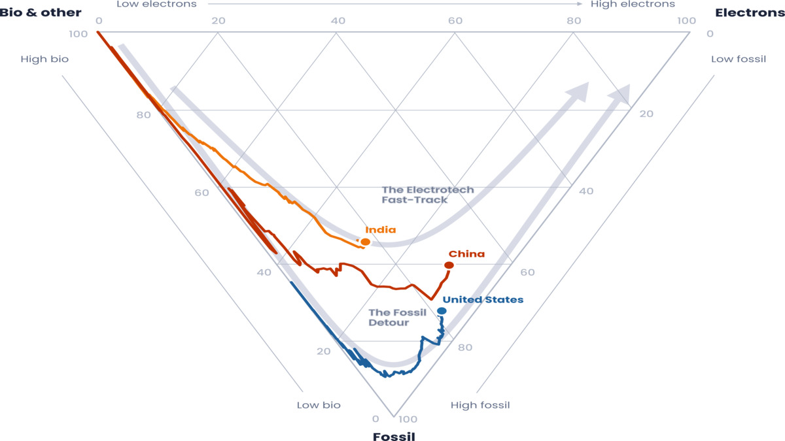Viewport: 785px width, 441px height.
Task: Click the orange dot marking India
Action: point(366,242)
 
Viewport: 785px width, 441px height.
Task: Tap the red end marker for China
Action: point(449,265)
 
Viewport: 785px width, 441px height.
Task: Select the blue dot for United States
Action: point(442,310)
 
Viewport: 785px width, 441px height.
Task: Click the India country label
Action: point(380,229)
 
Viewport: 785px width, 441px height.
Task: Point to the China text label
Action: point(466,254)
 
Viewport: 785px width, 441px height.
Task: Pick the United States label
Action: point(483,300)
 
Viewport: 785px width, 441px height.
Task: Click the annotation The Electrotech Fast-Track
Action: point(428,195)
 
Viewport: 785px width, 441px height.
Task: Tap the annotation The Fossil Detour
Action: point(397,318)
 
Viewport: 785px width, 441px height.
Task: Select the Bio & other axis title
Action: point(41,12)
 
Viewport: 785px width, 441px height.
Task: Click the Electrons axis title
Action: point(750,12)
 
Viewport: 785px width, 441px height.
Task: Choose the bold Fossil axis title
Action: point(394,436)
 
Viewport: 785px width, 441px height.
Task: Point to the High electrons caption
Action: point(633,4)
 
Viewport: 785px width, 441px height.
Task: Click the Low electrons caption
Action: point(156,4)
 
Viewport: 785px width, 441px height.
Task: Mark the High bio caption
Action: point(44,59)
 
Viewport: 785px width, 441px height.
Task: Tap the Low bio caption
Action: point(319,405)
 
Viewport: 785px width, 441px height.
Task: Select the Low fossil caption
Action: point(738,59)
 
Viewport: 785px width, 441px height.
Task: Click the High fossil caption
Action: point(480,405)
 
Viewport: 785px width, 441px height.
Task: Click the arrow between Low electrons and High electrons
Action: point(392,4)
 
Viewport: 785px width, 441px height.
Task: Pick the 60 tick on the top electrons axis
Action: point(455,21)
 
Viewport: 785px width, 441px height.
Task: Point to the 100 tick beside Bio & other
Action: point(78,34)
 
